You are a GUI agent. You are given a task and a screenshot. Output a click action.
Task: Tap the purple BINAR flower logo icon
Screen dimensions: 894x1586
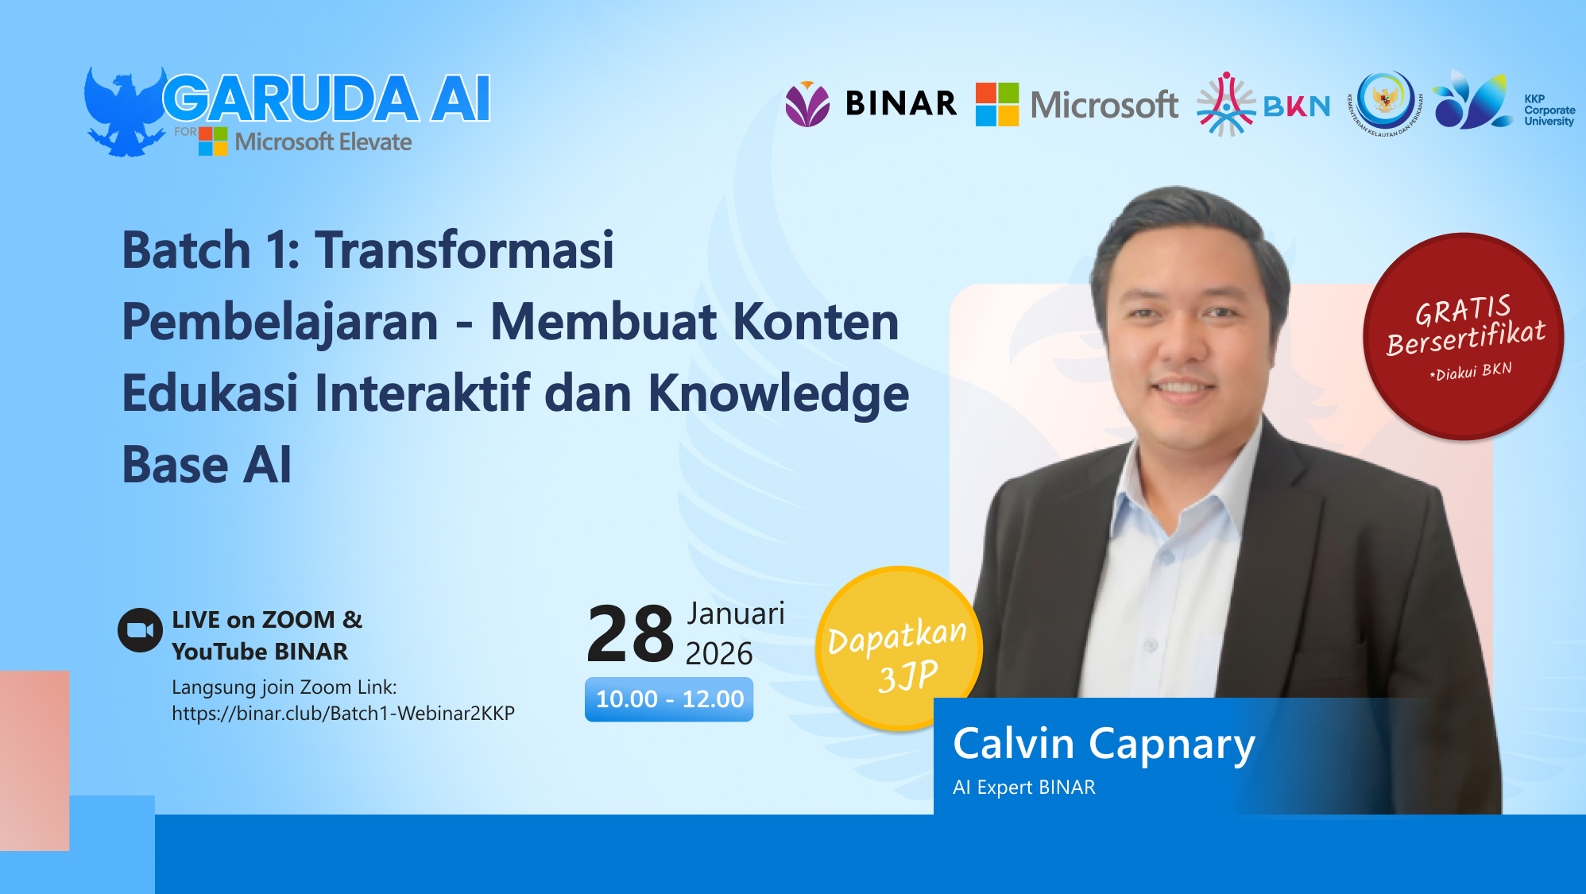tap(807, 104)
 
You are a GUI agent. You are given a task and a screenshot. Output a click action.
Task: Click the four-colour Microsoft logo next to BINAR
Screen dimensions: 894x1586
tap(997, 104)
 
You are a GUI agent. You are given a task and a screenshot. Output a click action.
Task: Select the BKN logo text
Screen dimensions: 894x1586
tap(1296, 106)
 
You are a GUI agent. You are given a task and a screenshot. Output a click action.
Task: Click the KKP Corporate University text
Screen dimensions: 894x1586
tap(1548, 110)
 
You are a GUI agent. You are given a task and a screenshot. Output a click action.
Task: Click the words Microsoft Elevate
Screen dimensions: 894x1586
tap(323, 142)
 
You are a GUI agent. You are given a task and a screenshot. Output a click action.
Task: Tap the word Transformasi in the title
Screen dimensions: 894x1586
tap(465, 250)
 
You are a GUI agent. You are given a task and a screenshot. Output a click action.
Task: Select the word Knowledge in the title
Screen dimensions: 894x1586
tap(778, 393)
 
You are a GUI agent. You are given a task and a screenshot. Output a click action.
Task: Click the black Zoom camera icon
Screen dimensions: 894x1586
tap(141, 630)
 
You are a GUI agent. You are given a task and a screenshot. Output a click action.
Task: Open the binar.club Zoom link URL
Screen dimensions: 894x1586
tap(343, 714)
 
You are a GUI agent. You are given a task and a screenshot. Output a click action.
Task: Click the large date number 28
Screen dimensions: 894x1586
tap(629, 634)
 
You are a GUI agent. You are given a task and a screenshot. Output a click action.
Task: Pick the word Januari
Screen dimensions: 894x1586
tap(736, 613)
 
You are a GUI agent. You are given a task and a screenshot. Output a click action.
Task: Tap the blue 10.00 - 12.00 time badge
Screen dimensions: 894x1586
tap(669, 699)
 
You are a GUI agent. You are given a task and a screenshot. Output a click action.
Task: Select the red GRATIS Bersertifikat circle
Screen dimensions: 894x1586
tap(1463, 336)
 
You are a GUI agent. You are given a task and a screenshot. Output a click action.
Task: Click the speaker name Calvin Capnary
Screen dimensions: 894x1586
tap(1104, 745)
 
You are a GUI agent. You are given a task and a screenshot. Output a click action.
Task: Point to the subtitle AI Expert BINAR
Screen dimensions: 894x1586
tap(1023, 788)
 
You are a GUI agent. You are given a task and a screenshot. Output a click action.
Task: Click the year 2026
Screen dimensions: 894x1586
tap(718, 654)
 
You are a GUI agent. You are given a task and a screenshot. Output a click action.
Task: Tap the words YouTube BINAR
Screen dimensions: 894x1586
tap(260, 652)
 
